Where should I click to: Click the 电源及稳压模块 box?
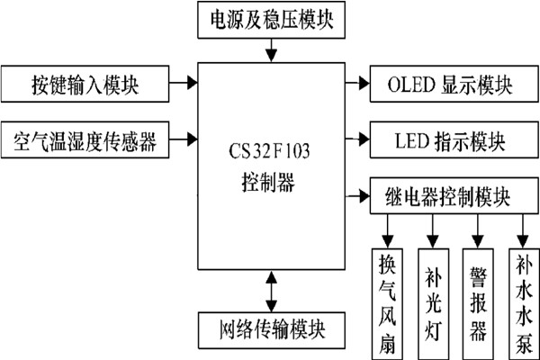(270, 20)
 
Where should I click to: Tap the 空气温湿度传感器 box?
(86, 139)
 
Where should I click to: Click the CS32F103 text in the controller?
(270, 143)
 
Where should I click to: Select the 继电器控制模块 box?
(445, 194)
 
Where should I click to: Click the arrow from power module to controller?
(270, 50)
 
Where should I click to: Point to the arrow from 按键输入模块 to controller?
(184, 84)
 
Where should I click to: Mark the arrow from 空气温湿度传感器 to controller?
(184, 139)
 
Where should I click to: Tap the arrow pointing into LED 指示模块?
(355, 140)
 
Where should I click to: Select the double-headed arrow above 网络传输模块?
(270, 290)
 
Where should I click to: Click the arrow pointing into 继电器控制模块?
(355, 194)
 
